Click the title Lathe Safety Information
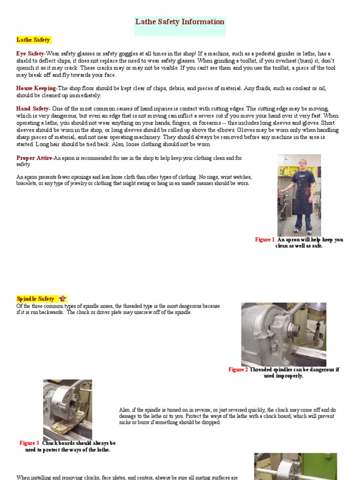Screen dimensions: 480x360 [x=180, y=22]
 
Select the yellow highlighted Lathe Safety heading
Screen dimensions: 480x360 [x=33, y=40]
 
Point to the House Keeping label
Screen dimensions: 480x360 [x=36, y=88]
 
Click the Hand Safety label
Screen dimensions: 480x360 [x=32, y=109]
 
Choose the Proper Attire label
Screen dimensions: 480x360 [x=34, y=158]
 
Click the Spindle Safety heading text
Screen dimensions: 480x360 [x=36, y=299]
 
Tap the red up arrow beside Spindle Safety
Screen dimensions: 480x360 [x=62, y=299]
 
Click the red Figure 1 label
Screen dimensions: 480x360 [x=264, y=240]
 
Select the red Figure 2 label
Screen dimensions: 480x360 [x=238, y=369]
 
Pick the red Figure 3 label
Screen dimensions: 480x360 [x=29, y=443]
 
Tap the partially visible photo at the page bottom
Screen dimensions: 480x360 [x=295, y=466]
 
